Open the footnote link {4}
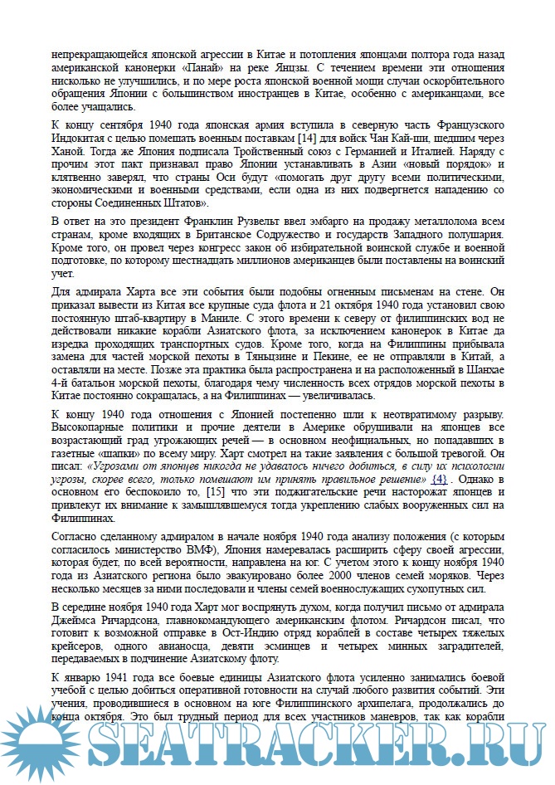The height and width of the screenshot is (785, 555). pos(440,480)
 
